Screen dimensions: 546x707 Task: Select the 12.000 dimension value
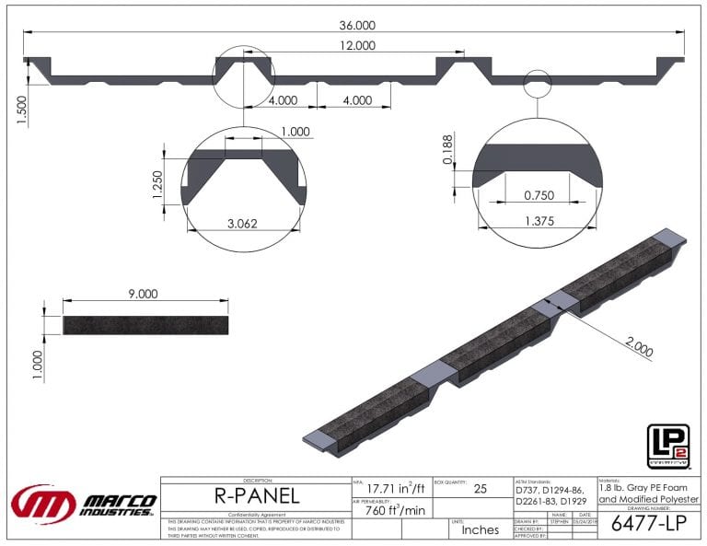tap(356, 45)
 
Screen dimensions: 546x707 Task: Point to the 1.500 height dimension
tap(20, 110)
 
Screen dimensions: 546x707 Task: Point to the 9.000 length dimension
tap(144, 293)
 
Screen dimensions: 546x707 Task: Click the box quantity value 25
tap(480, 491)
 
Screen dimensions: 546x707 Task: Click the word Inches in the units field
tap(480, 529)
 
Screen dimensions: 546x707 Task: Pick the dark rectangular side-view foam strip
tap(145, 324)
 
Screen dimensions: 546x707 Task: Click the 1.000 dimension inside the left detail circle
tap(296, 132)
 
